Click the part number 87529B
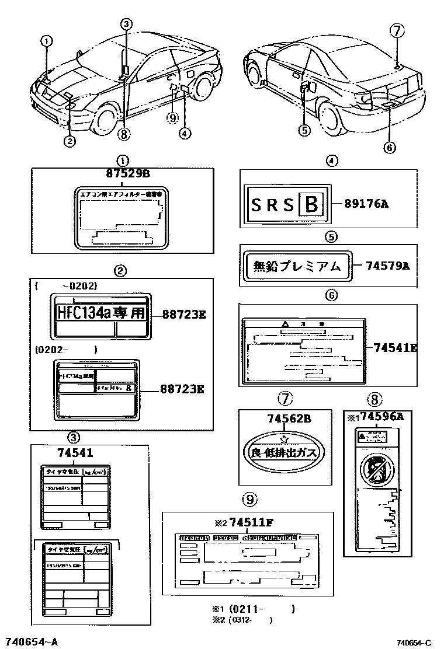(128, 173)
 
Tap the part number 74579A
(387, 266)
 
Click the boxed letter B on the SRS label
(311, 204)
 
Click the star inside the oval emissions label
(285, 439)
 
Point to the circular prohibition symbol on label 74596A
(373, 468)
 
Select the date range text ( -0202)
(65, 286)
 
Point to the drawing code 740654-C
(413, 643)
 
